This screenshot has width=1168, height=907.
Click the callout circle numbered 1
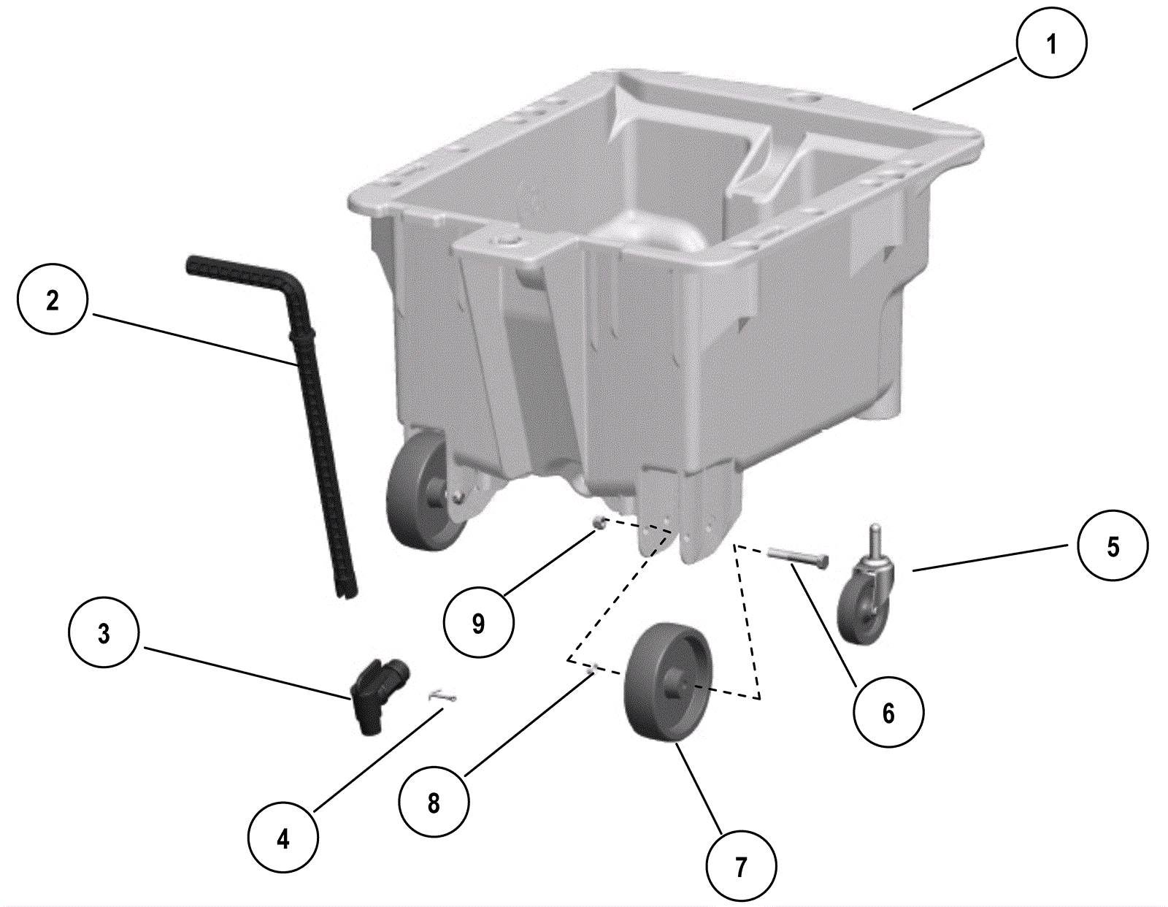pos(1051,44)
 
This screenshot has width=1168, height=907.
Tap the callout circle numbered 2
pos(52,299)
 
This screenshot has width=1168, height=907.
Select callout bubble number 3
pos(104,633)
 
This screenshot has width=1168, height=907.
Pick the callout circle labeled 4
pos(283,838)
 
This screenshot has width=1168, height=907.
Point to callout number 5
pos(1113,546)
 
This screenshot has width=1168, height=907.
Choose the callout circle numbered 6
pos(888,712)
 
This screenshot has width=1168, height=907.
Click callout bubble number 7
pos(741,866)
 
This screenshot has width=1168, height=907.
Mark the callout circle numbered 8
pos(433,803)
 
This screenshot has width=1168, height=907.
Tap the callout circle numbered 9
pos(478,623)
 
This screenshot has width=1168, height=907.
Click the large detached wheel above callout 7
pos(667,684)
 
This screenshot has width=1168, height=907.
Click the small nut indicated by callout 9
pos(599,521)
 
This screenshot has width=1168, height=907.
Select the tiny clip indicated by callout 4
pos(443,697)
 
